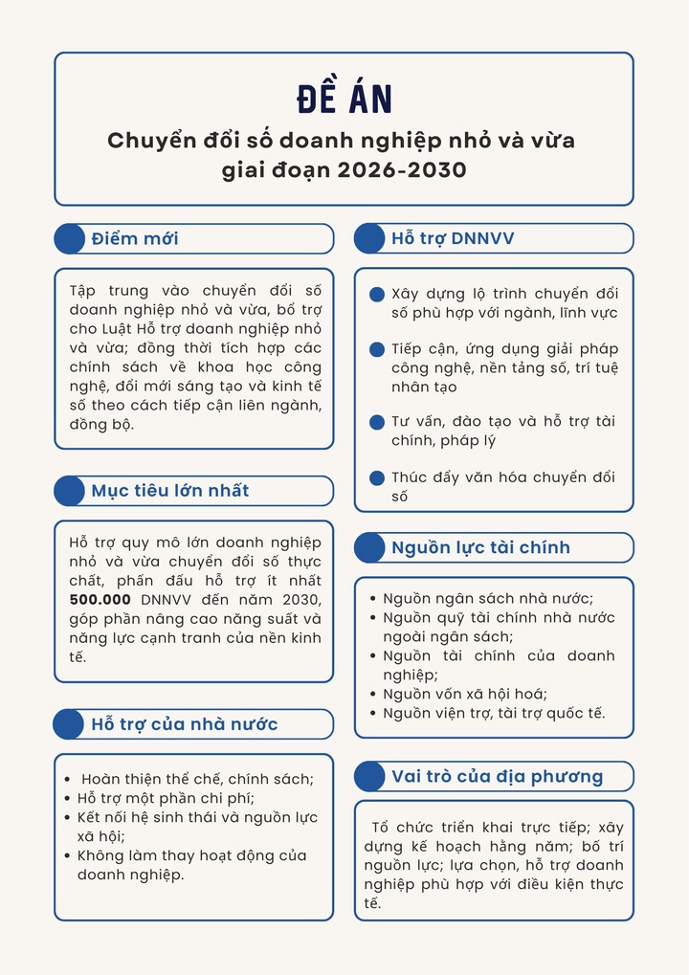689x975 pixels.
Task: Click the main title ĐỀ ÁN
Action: coord(344,99)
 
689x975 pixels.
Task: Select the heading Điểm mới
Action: coord(135,238)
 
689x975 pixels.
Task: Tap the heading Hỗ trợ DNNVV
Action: coord(453,238)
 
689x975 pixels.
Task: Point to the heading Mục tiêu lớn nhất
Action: coord(170,491)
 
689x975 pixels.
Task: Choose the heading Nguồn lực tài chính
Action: coord(480,547)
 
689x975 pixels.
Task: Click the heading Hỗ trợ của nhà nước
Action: coord(185,723)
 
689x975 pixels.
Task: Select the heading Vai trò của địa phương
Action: coord(497,776)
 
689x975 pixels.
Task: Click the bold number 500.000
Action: coord(100,599)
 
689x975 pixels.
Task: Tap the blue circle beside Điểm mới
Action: coord(69,238)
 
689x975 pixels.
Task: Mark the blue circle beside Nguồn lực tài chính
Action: coord(369,547)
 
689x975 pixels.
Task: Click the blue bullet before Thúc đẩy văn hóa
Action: coord(377,477)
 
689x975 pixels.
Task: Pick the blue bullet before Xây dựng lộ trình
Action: coord(377,294)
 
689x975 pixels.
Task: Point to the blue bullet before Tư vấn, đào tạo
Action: coord(377,422)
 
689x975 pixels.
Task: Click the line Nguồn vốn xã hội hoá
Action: coord(465,694)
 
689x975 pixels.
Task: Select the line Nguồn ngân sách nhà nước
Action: coord(488,598)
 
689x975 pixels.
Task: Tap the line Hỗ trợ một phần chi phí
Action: coord(166,798)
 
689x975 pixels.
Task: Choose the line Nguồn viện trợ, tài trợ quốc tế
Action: coord(494,713)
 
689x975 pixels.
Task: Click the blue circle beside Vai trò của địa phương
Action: coord(369,776)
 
